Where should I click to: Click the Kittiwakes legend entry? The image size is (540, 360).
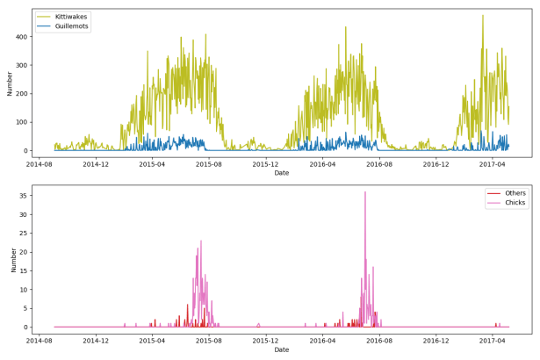pyautogui.click(x=70, y=17)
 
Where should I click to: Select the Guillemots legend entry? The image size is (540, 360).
pyautogui.click(x=70, y=26)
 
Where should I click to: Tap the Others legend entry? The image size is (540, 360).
pyautogui.click(x=515, y=192)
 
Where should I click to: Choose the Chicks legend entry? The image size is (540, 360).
pyautogui.click(x=515, y=203)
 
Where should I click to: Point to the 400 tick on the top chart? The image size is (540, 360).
pyautogui.click(x=21, y=37)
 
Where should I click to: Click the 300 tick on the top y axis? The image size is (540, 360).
pyautogui.click(x=21, y=65)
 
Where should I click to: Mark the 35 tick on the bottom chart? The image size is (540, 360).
pyautogui.click(x=24, y=196)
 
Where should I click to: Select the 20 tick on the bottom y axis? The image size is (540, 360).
pyautogui.click(x=24, y=252)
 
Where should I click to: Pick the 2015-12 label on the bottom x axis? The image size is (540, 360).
pyautogui.click(x=266, y=339)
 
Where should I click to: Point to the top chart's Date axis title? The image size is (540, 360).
pyautogui.click(x=281, y=173)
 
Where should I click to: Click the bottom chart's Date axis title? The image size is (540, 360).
pyautogui.click(x=281, y=349)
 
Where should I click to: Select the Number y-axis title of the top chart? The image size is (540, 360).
pyautogui.click(x=9, y=83)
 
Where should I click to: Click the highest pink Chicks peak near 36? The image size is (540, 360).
pyautogui.click(x=365, y=192)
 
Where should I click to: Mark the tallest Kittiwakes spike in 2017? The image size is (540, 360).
pyautogui.click(x=482, y=15)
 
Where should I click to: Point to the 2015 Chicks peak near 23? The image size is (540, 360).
pyautogui.click(x=200, y=241)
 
